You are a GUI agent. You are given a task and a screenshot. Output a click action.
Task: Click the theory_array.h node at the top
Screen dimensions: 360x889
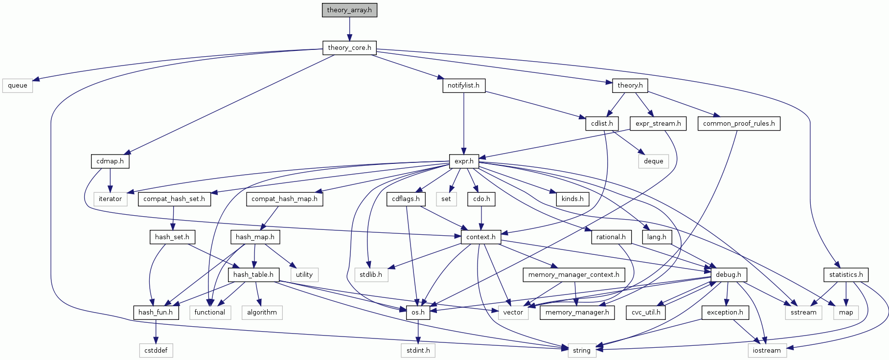pyautogui.click(x=349, y=10)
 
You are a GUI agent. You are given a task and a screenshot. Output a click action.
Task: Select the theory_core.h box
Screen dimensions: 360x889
pyautogui.click(x=349, y=48)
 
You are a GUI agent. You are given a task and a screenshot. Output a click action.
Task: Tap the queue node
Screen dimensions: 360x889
pyautogui.click(x=18, y=86)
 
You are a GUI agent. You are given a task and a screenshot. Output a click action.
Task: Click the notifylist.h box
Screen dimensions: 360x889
pyautogui.click(x=463, y=86)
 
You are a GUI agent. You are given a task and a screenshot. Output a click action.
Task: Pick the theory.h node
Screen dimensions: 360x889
pyautogui.click(x=630, y=86)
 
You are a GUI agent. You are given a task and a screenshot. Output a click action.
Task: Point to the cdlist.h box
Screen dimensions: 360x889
pyautogui.click(x=602, y=124)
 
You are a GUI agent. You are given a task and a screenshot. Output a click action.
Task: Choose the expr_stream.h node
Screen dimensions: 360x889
pyautogui.click(x=658, y=124)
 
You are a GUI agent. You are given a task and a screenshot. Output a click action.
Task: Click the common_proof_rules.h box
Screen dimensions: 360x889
pyautogui.click(x=738, y=124)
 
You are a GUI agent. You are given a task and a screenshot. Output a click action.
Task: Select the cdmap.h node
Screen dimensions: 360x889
pyautogui.click(x=110, y=161)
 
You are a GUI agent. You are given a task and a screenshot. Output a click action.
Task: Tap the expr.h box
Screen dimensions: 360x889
pyautogui.click(x=464, y=161)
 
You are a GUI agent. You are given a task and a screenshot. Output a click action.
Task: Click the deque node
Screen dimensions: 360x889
pyautogui.click(x=653, y=161)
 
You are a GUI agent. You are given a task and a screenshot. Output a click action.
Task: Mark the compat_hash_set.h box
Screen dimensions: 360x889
pyautogui.click(x=174, y=199)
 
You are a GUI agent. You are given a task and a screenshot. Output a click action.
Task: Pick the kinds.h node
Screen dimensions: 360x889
pyautogui.click(x=572, y=199)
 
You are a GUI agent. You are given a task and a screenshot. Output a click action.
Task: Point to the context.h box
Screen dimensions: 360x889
pyautogui.click(x=481, y=237)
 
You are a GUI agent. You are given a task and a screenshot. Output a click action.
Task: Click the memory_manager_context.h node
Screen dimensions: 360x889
pyautogui.click(x=573, y=275)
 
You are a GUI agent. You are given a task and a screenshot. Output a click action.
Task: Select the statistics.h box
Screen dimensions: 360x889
pyautogui.click(x=846, y=275)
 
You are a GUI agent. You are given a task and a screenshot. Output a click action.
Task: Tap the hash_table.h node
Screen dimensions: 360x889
pyautogui.click(x=253, y=275)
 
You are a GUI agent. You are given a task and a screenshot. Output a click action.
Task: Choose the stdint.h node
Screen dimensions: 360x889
pyautogui.click(x=418, y=350)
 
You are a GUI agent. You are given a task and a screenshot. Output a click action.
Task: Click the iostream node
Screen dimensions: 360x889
pyautogui.click(x=767, y=350)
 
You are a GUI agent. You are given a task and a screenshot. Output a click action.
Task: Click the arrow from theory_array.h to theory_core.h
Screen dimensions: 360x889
pyautogui.click(x=349, y=29)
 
